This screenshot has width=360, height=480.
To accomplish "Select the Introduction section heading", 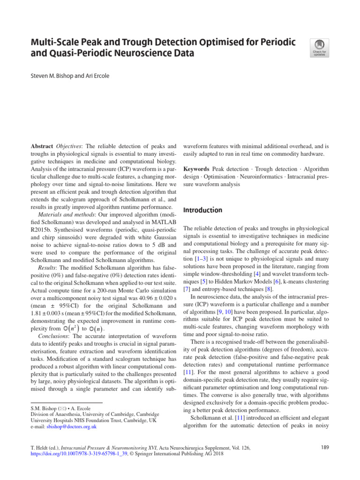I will pyautogui.click(x=202, y=210).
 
